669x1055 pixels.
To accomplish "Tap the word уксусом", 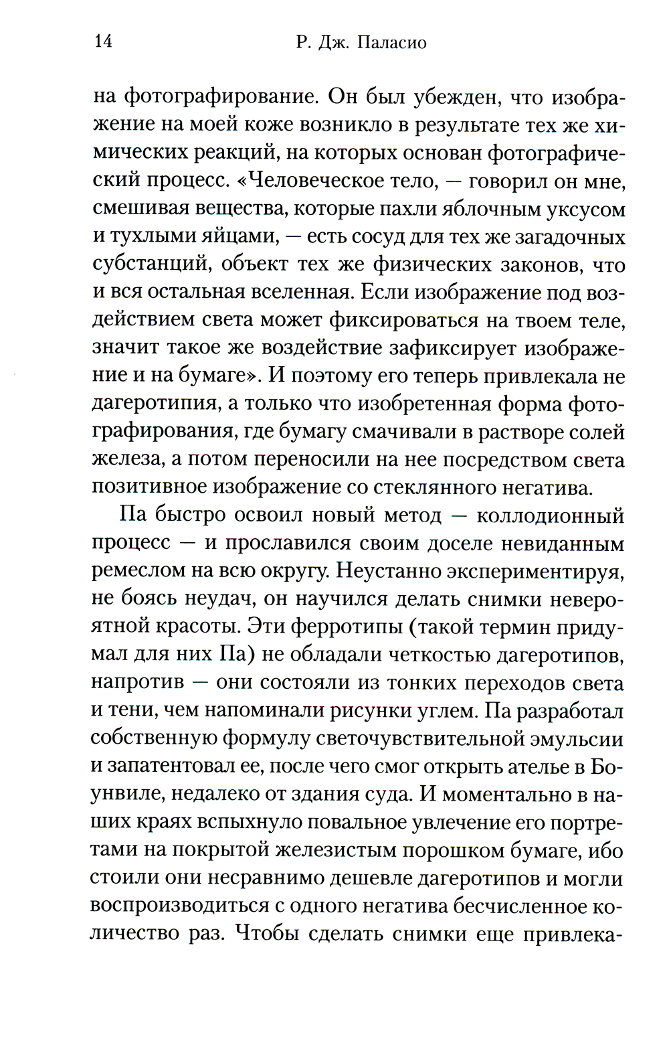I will click(x=585, y=210).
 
